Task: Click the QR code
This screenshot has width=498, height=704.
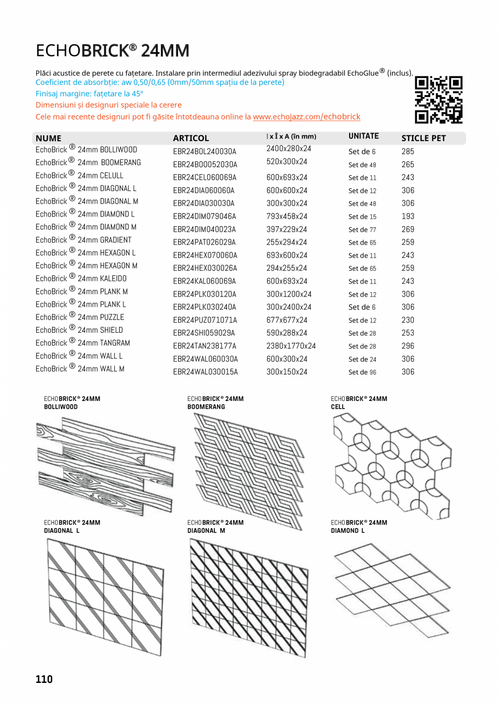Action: coord(438,100)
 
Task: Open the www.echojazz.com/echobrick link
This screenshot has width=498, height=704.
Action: coord(306,117)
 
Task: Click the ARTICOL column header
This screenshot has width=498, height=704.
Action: coord(191,138)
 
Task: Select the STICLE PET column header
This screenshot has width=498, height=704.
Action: coord(423,138)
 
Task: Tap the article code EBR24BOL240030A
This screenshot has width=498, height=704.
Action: coord(205,152)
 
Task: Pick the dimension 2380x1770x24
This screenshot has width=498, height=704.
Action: coord(291,346)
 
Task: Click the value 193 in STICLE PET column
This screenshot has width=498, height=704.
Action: coord(408,216)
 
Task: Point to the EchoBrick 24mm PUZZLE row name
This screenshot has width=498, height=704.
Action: coord(80,317)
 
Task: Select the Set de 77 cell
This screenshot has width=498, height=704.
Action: coord(362,229)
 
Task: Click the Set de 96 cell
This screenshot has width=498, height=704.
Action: coord(362,372)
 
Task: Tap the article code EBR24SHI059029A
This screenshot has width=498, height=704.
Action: coord(204,333)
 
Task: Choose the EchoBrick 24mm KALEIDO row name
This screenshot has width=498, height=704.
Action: coord(81,279)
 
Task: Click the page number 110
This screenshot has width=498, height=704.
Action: coord(44,679)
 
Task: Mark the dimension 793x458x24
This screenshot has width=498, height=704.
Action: coord(286,216)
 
